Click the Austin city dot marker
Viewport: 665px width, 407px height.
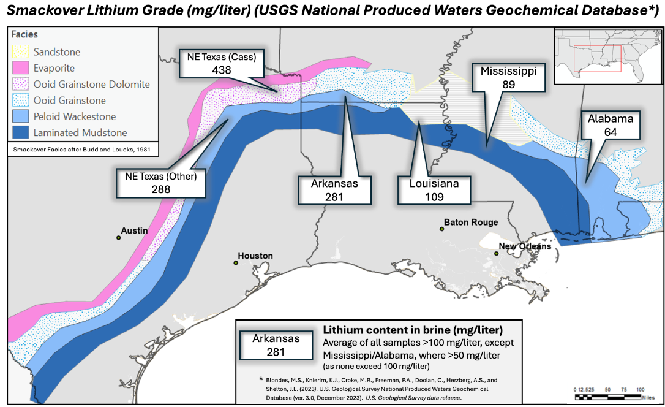point(119,237)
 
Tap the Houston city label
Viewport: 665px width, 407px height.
point(255,256)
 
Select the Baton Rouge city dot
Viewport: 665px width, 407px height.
point(441,229)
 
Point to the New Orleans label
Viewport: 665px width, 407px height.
point(525,246)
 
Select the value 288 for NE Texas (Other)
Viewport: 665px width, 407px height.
point(160,189)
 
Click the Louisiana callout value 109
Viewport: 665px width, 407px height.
point(434,197)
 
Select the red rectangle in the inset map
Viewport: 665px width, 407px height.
point(600,59)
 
